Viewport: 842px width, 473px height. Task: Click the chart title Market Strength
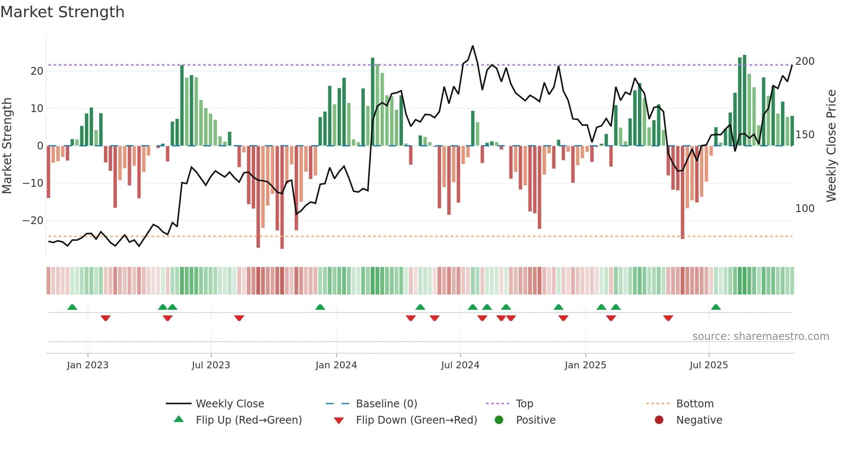coord(62,12)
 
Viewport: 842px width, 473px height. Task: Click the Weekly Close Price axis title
coord(832,146)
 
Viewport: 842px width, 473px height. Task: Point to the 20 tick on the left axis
coord(37,71)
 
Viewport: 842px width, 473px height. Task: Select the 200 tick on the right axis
coord(805,61)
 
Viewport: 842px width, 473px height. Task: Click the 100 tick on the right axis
coord(805,209)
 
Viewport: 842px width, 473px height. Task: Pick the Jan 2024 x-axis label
coord(336,365)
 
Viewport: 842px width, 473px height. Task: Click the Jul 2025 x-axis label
coord(708,365)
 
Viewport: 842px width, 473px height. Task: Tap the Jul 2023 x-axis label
coord(211,365)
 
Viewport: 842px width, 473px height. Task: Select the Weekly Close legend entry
coord(230,404)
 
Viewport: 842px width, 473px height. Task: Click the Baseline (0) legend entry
coord(386,404)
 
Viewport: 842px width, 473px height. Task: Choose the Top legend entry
coord(524,404)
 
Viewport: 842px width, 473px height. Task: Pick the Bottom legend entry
coord(695,404)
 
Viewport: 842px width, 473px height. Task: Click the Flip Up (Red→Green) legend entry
coord(248,420)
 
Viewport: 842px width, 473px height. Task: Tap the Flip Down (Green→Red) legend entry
coord(416,420)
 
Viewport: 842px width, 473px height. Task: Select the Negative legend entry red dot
coord(659,420)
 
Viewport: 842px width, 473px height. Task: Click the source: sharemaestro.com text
coord(760,337)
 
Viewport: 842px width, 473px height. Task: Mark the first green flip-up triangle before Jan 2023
coord(72,307)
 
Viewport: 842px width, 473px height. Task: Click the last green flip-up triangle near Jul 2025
coord(716,307)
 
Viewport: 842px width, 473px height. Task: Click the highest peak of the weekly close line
coord(473,46)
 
